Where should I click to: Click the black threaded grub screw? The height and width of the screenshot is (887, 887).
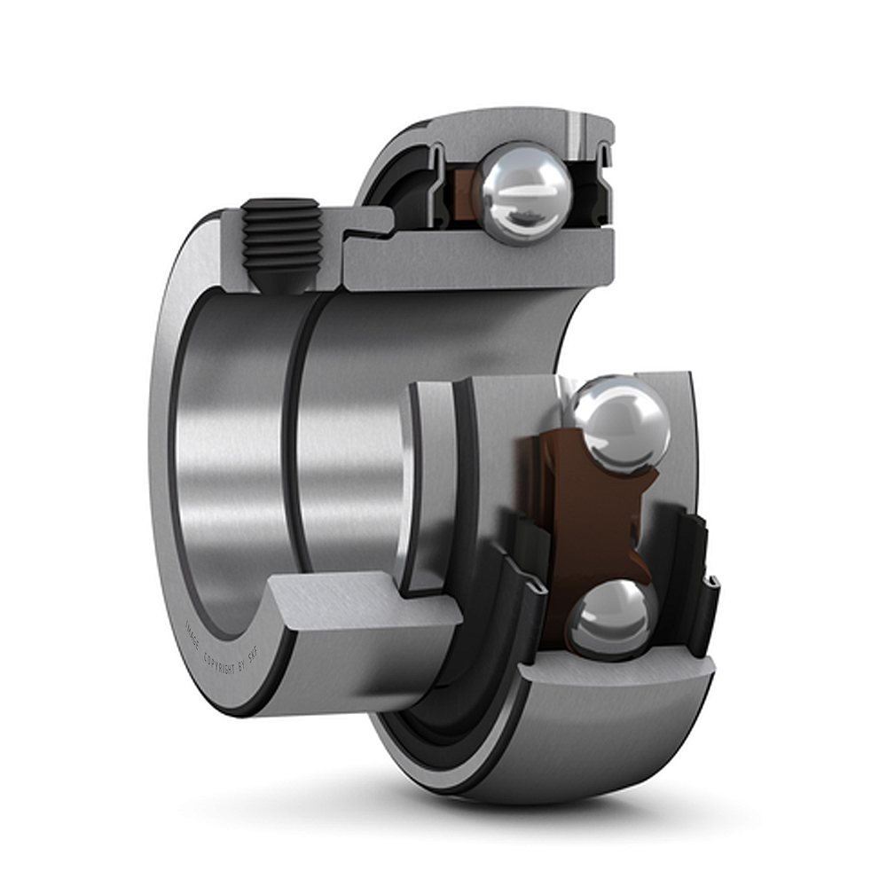(x=281, y=241)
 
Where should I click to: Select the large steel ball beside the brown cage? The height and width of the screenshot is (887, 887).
(x=619, y=420)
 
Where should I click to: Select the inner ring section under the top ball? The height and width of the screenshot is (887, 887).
(x=497, y=262)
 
